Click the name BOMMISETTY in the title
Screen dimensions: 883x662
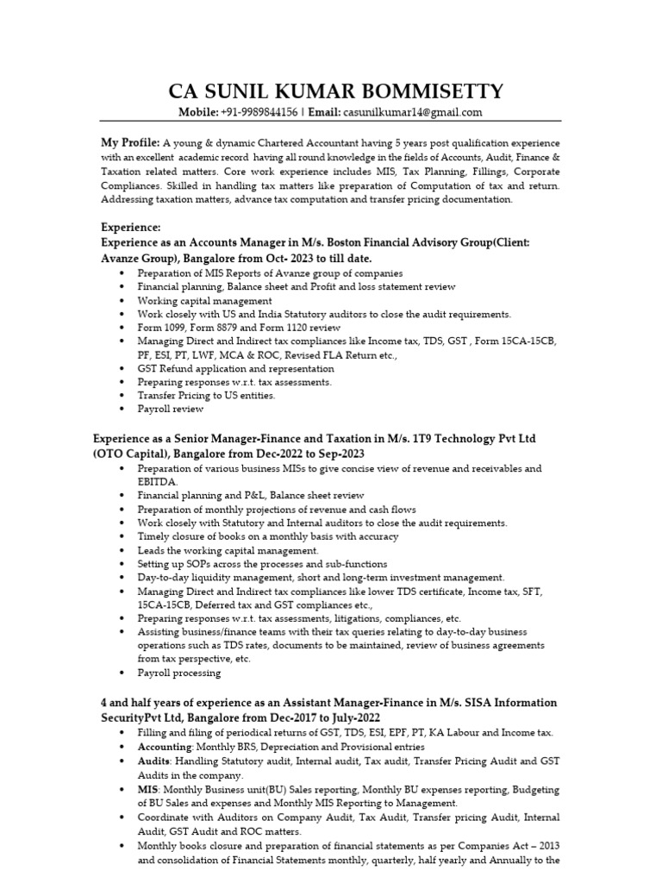coord(432,91)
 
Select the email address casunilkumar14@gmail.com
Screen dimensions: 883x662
coord(413,112)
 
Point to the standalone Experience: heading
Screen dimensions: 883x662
coord(131,227)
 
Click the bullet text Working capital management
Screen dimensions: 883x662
coord(205,300)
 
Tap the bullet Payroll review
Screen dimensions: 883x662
coord(171,409)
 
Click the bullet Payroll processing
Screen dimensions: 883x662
coord(179,673)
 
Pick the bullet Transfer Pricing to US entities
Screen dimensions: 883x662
coord(207,395)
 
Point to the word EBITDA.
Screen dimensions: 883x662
coord(158,482)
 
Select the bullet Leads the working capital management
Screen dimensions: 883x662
coord(228,550)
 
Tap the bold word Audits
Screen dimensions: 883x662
coord(154,762)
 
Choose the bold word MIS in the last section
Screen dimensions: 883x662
coord(147,790)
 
